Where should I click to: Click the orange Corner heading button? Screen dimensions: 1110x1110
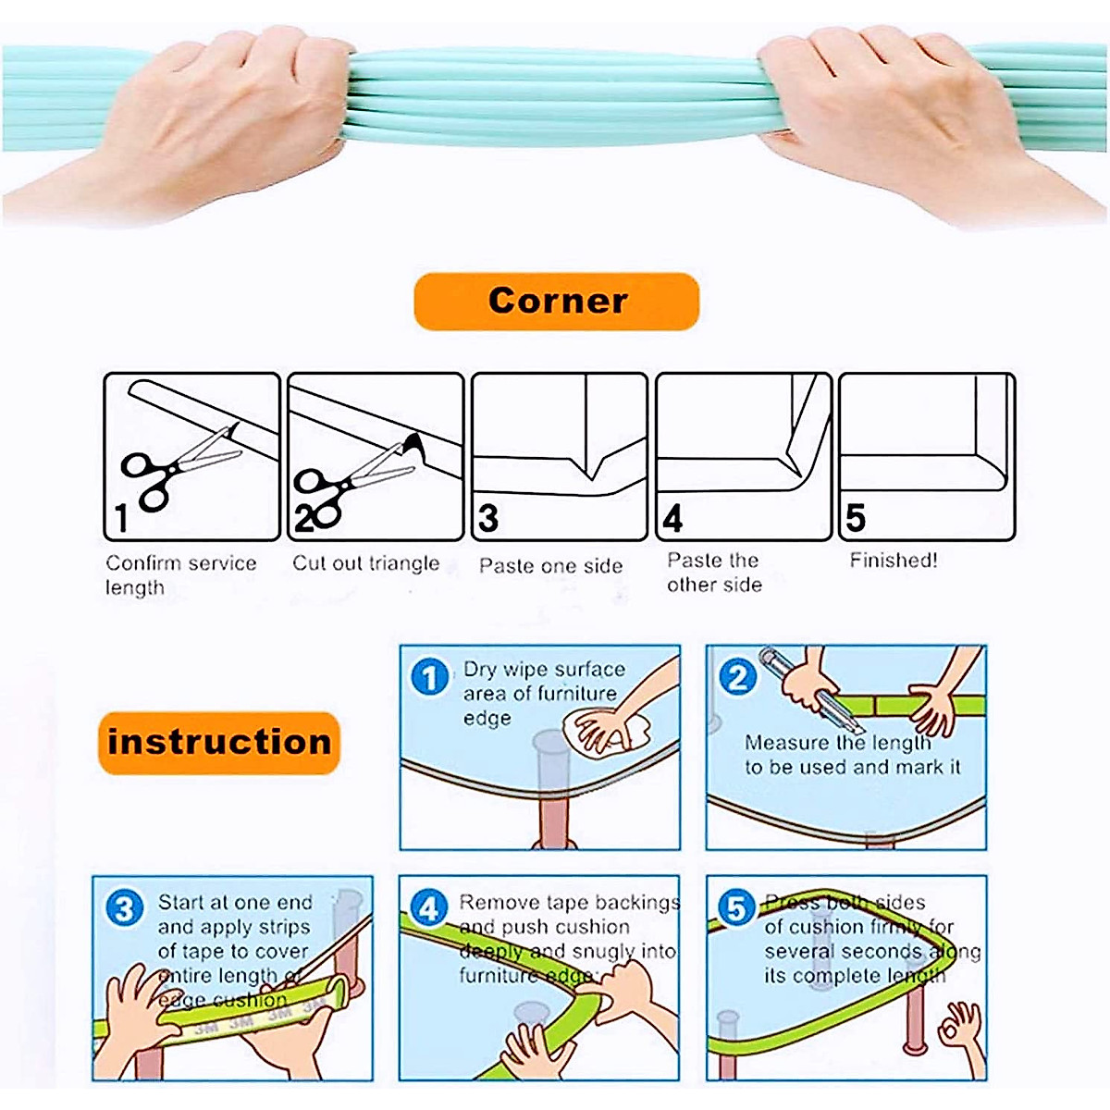[556, 302]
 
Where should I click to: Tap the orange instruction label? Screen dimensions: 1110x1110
[219, 742]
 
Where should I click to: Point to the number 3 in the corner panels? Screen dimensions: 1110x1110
[488, 518]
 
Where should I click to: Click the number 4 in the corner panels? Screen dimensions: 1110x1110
[672, 519]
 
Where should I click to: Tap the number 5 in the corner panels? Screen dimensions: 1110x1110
[856, 518]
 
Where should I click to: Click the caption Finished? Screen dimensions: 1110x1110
[894, 561]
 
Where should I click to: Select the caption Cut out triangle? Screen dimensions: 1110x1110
[366, 563]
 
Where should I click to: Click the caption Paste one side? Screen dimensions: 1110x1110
[550, 566]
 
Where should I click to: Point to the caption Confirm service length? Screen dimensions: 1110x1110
[180, 574]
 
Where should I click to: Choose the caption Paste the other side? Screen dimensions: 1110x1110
[714, 573]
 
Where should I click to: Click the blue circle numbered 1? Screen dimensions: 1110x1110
[429, 678]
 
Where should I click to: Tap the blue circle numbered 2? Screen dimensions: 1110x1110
[737, 678]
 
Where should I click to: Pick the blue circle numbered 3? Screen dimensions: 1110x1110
[124, 908]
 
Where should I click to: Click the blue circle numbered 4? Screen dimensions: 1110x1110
[428, 909]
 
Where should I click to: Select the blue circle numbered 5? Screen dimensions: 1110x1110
[736, 909]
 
